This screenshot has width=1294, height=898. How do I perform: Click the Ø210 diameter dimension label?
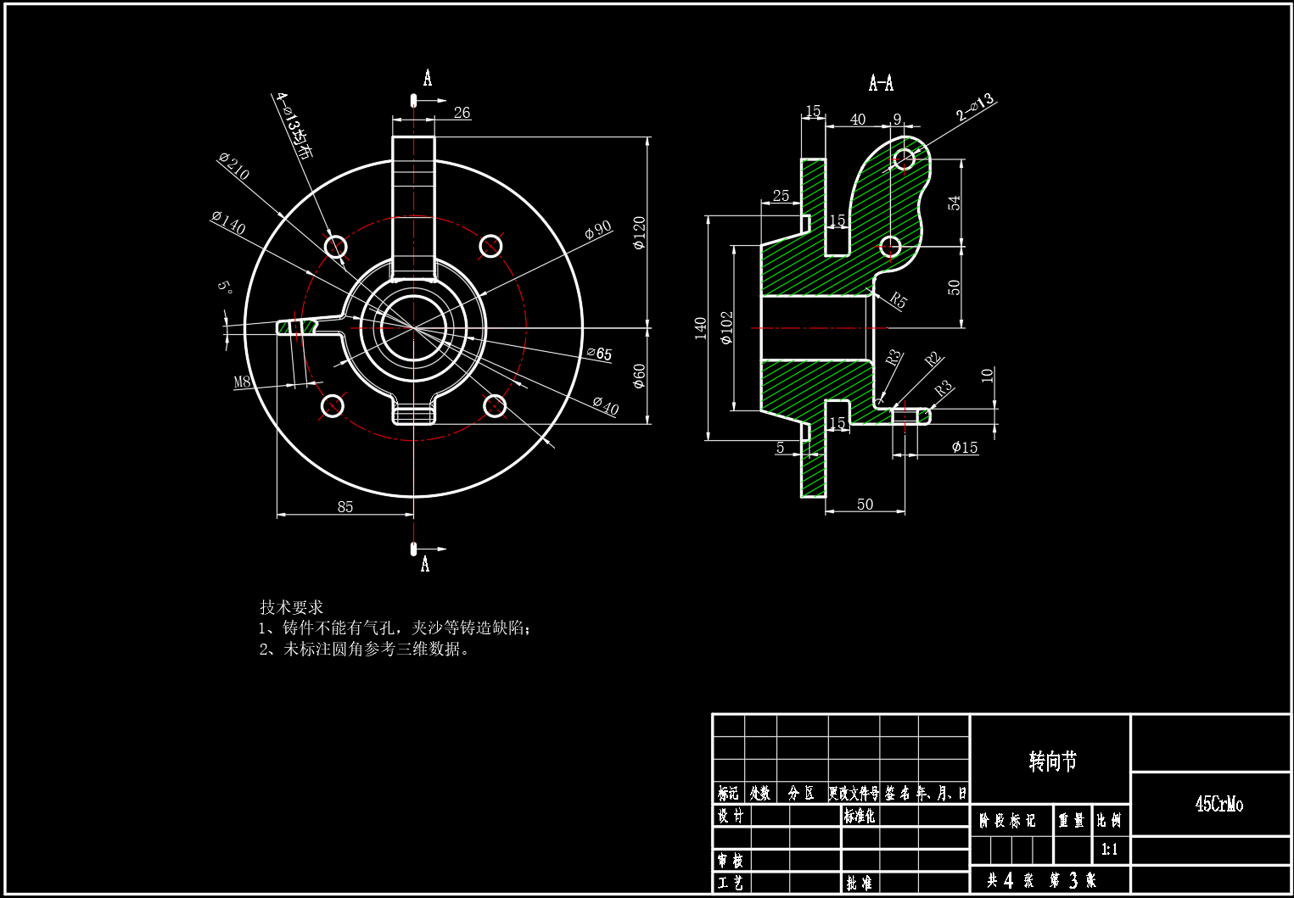pyautogui.click(x=233, y=166)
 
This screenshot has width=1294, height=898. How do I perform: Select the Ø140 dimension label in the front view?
pyautogui.click(x=228, y=223)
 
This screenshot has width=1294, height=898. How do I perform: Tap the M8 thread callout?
pyautogui.click(x=243, y=382)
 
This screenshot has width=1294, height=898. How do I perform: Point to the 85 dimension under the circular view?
pyautogui.click(x=345, y=506)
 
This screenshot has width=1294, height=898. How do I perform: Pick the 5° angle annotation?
pyautogui.click(x=225, y=287)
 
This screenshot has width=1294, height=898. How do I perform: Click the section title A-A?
pyautogui.click(x=881, y=83)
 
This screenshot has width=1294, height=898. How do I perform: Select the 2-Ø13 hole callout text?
pyautogui.click(x=975, y=107)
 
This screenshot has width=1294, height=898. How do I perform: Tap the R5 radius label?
pyautogui.click(x=899, y=300)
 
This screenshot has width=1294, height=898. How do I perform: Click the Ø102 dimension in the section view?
pyautogui.click(x=726, y=327)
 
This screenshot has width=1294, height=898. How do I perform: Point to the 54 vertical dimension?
pyautogui.click(x=955, y=203)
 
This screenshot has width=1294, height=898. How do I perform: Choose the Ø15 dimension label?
pyautogui.click(x=964, y=447)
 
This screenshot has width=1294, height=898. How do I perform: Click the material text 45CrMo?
pyautogui.click(x=1218, y=804)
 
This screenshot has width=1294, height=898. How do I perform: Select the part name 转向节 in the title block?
pyautogui.click(x=1052, y=761)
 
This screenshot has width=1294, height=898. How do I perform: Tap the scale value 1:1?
pyautogui.click(x=1109, y=849)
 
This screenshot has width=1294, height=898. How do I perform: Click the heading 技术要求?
pyautogui.click(x=291, y=607)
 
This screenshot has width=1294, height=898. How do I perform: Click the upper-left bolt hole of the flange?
pyautogui.click(x=336, y=247)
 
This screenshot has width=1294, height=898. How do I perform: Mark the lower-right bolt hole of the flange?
pyautogui.click(x=495, y=406)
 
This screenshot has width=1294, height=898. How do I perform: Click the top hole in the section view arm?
pyautogui.click(x=905, y=159)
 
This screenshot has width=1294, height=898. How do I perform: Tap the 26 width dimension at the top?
pyautogui.click(x=462, y=113)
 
